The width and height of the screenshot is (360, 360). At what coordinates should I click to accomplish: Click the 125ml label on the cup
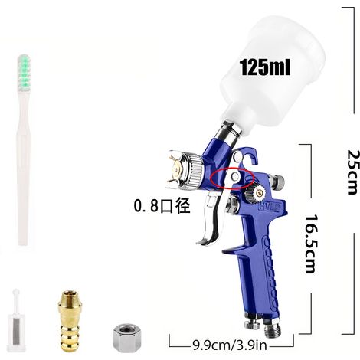coord(265,67)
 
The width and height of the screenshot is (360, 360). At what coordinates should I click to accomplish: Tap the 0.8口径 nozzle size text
coord(162,206)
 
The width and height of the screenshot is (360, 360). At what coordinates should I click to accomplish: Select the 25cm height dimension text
coord(353,172)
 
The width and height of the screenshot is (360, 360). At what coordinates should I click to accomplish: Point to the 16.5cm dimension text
coord(311,244)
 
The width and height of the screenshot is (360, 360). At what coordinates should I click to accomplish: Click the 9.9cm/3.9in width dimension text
coord(230,345)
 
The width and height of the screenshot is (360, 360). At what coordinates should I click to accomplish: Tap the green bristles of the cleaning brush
coord(24,73)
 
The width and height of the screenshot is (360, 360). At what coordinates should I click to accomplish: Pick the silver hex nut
coord(126,337)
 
